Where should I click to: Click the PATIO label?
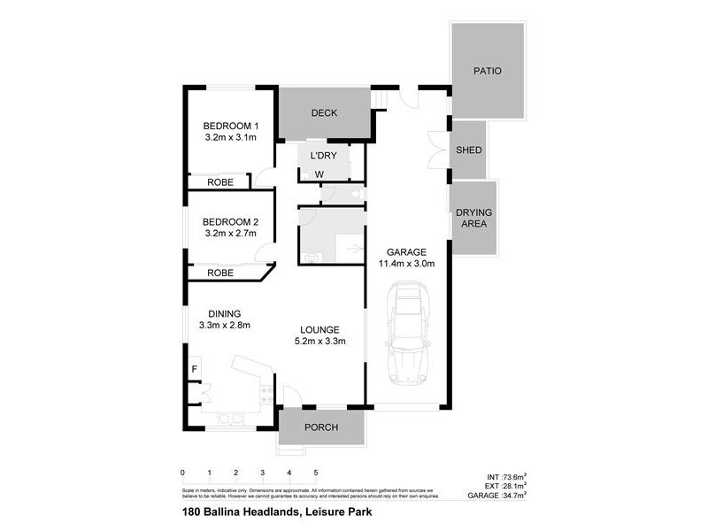(x=487, y=71)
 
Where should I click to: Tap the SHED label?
(x=469, y=150)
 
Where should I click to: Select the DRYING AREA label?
(x=474, y=219)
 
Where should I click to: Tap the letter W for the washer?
(x=319, y=174)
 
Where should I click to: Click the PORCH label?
(x=321, y=427)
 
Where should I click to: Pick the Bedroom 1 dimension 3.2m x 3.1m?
(x=230, y=138)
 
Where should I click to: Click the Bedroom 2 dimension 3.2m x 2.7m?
(x=230, y=234)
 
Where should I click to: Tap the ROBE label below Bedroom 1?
(x=220, y=181)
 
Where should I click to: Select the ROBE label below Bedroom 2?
(x=220, y=273)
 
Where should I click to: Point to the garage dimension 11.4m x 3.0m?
(x=408, y=264)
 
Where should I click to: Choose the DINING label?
(x=225, y=313)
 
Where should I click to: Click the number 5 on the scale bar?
(x=315, y=473)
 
